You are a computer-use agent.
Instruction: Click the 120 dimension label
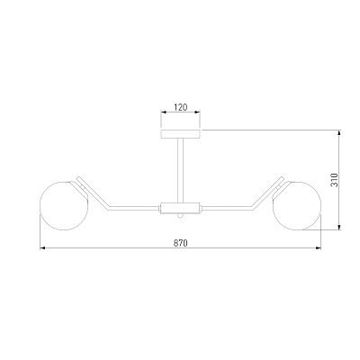coord(181,107)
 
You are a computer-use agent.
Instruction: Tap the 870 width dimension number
coord(180,243)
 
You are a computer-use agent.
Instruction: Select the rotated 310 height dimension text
coord(334,180)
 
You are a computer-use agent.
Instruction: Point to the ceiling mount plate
coord(181,134)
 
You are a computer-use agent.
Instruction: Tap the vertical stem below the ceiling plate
coord(181,170)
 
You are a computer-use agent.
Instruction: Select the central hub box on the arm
coord(180,208)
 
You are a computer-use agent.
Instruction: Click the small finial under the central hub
coord(180,216)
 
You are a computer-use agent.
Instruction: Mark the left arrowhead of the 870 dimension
coord(42,248)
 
